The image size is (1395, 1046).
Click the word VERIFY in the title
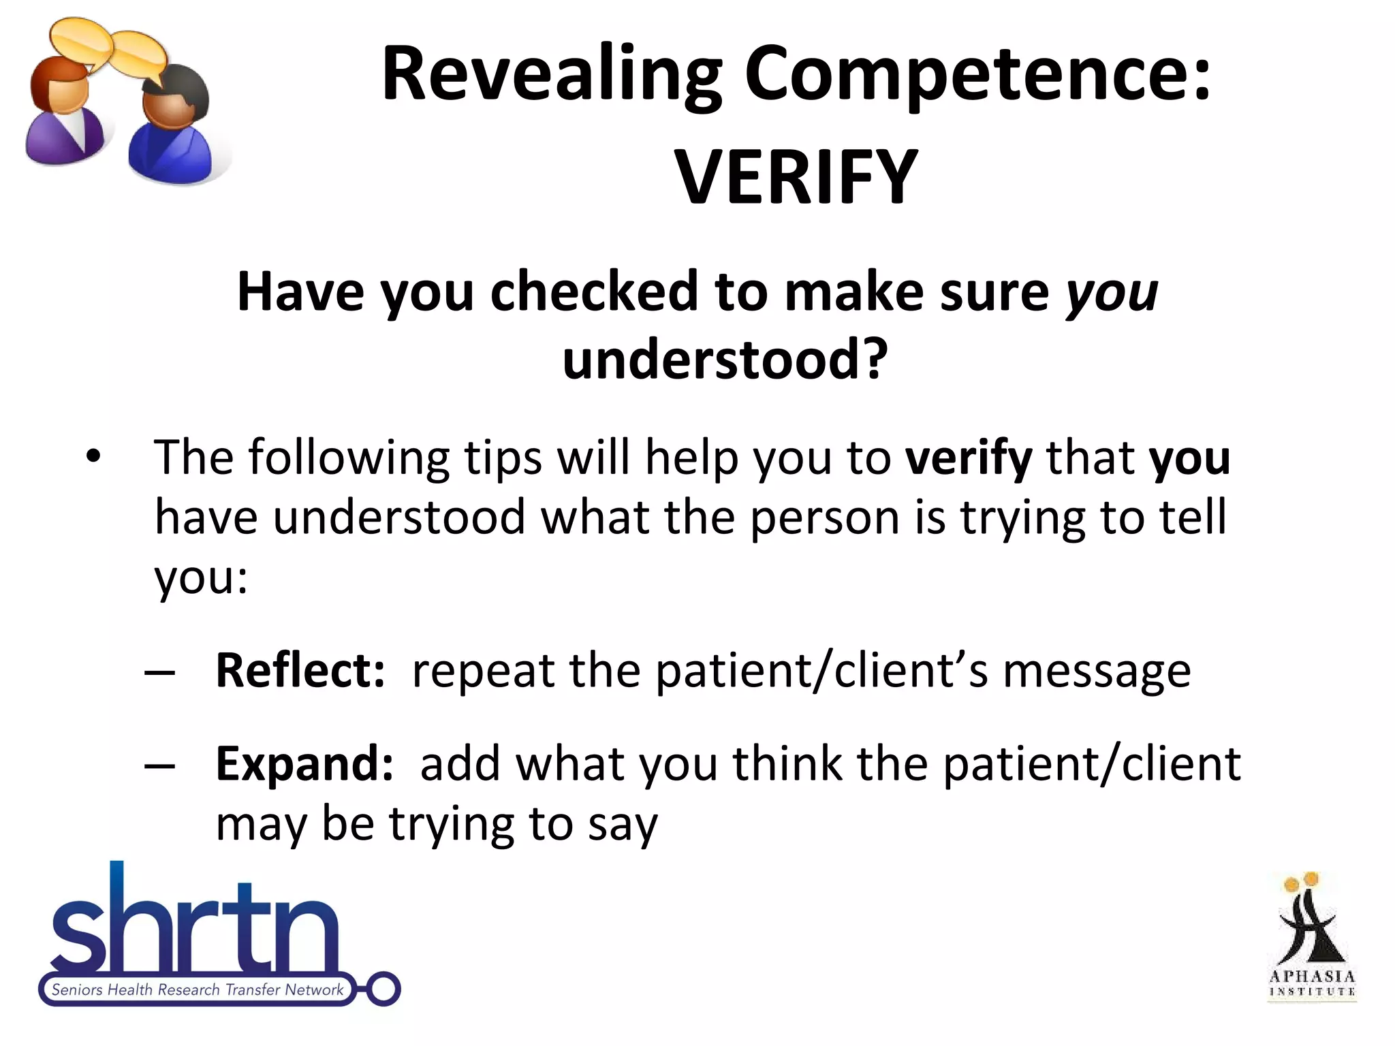(x=796, y=178)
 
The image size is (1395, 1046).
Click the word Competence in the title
(x=978, y=74)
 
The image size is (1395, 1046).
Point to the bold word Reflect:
(x=300, y=670)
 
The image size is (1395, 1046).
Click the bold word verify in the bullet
(x=968, y=457)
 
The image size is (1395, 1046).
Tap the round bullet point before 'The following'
(x=93, y=456)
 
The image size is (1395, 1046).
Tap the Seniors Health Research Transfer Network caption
(x=198, y=989)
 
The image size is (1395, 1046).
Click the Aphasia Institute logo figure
(x=1309, y=926)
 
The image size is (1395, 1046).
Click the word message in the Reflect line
(x=1097, y=671)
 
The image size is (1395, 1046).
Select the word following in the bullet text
(x=348, y=457)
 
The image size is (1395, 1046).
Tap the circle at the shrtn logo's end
(x=383, y=989)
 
